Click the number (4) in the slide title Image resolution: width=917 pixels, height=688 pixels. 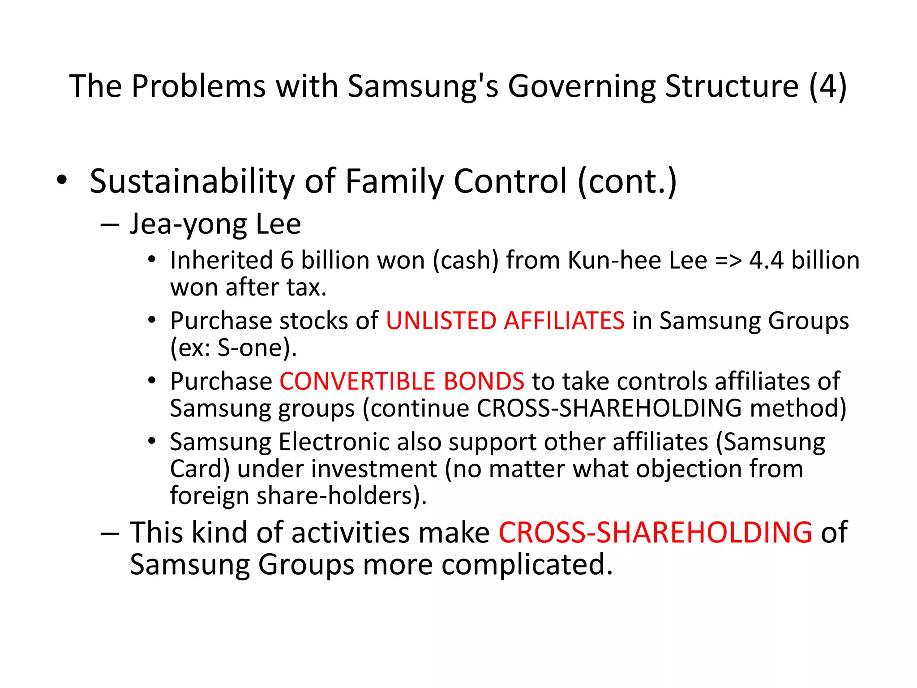[x=828, y=86]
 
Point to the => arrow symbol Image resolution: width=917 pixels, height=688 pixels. [x=728, y=261]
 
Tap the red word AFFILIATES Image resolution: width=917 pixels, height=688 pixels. [x=564, y=321]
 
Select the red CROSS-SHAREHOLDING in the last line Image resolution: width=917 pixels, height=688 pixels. [x=655, y=533]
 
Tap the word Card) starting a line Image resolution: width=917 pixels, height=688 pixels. [x=200, y=469]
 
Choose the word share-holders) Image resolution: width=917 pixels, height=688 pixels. [x=342, y=496]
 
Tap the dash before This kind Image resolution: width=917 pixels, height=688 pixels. [x=110, y=533]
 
